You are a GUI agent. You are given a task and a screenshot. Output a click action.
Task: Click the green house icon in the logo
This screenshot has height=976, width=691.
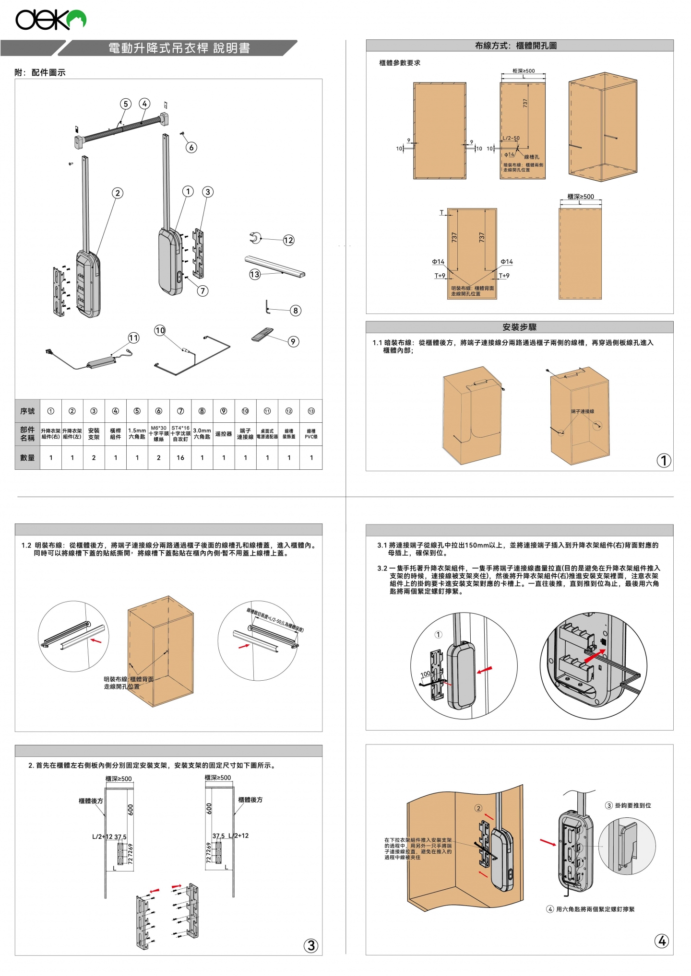click(x=77, y=19)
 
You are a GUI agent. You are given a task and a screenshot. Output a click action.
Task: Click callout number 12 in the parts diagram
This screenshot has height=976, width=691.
click(x=288, y=240)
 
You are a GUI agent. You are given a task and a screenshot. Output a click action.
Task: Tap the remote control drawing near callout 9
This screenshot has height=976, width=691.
click(x=262, y=335)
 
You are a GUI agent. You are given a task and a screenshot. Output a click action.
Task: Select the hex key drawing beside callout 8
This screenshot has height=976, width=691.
click(x=268, y=308)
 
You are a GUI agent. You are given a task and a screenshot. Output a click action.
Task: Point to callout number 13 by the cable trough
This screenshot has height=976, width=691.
click(x=254, y=274)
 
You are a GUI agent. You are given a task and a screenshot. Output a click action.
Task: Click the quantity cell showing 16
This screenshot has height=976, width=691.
click(x=180, y=458)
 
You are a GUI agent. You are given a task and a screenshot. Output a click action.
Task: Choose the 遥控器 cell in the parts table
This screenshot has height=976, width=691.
click(x=224, y=434)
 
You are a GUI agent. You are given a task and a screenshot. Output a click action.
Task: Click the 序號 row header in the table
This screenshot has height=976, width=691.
click(x=27, y=411)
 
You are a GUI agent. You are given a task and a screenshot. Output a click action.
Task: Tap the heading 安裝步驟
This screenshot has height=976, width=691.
click(x=519, y=327)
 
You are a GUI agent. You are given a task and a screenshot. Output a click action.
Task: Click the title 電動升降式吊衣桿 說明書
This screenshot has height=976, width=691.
click(x=179, y=48)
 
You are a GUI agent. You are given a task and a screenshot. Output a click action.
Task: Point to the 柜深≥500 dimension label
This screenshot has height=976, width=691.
click(x=523, y=71)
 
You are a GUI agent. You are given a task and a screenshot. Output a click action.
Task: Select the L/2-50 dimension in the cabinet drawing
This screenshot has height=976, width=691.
click(x=511, y=138)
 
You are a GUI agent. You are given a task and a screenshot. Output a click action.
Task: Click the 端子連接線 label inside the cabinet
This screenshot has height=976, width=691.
click(x=582, y=411)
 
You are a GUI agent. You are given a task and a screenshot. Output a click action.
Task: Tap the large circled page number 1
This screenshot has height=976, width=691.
click(x=664, y=461)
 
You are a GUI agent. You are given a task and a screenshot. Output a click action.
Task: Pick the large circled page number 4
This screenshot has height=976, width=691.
click(x=662, y=941)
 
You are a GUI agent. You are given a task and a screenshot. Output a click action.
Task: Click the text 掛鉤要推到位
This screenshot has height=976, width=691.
click(x=632, y=805)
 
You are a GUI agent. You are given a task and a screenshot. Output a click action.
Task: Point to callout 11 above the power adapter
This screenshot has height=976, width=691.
click(x=133, y=338)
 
